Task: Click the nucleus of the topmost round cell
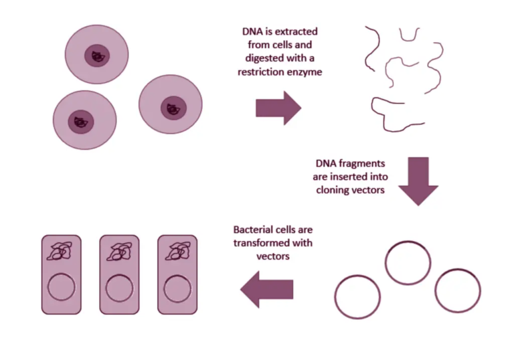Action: [98, 56]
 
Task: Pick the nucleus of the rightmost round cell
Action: [174, 106]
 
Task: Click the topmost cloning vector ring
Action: [407, 263]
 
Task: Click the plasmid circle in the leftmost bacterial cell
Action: [61, 288]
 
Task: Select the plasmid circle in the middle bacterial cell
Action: [119, 288]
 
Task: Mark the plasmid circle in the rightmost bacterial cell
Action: [177, 288]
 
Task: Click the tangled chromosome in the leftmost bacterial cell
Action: [61, 252]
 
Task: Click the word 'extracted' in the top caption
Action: [294, 32]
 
